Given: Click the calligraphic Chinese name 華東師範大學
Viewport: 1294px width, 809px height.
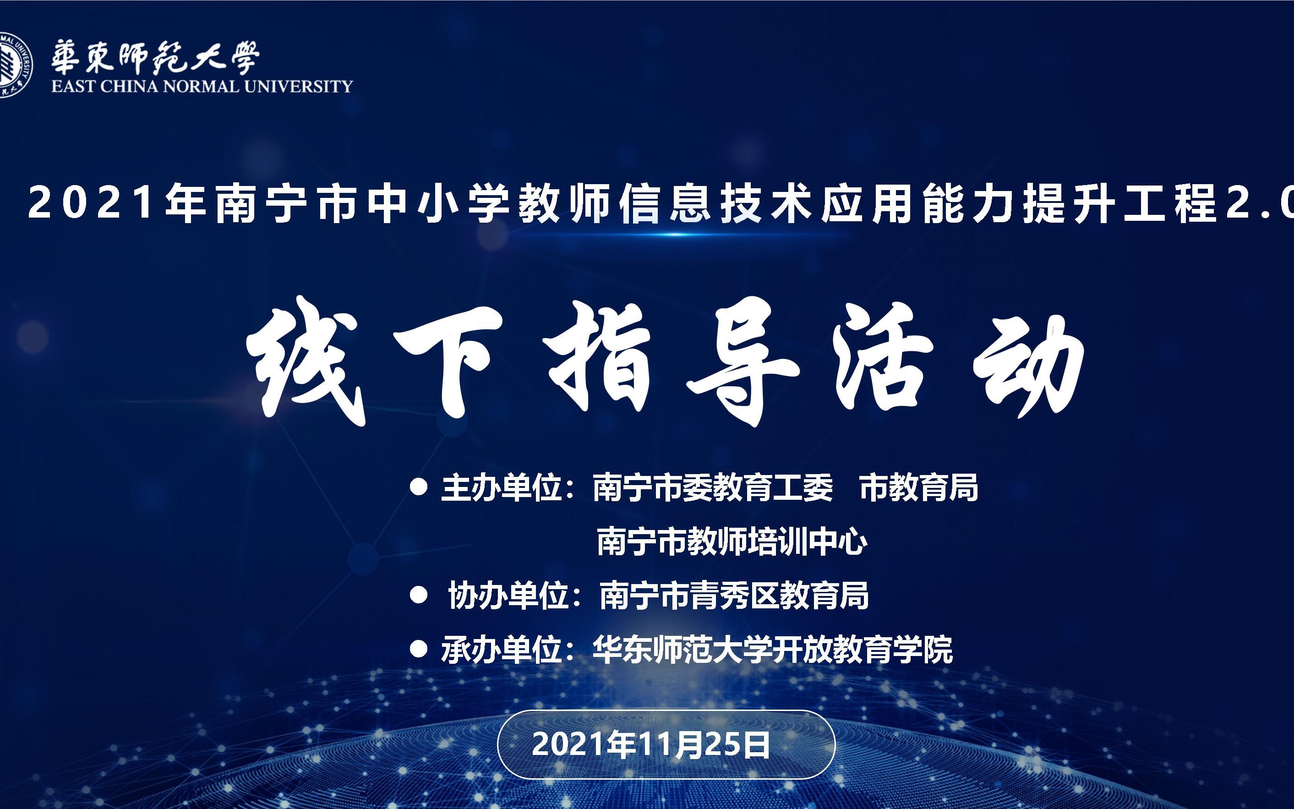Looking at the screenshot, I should point(155,58).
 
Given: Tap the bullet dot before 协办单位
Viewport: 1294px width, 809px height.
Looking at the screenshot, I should point(418,596).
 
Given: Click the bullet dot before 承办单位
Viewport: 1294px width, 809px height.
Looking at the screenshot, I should point(418,650).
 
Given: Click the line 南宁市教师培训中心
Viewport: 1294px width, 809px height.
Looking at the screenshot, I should point(731,541).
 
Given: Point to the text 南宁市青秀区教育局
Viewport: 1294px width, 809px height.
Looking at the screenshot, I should point(733,596).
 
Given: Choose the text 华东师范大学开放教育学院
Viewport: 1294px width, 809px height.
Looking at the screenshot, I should point(772,650).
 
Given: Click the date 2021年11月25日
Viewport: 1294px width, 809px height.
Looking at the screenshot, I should point(650,744).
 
